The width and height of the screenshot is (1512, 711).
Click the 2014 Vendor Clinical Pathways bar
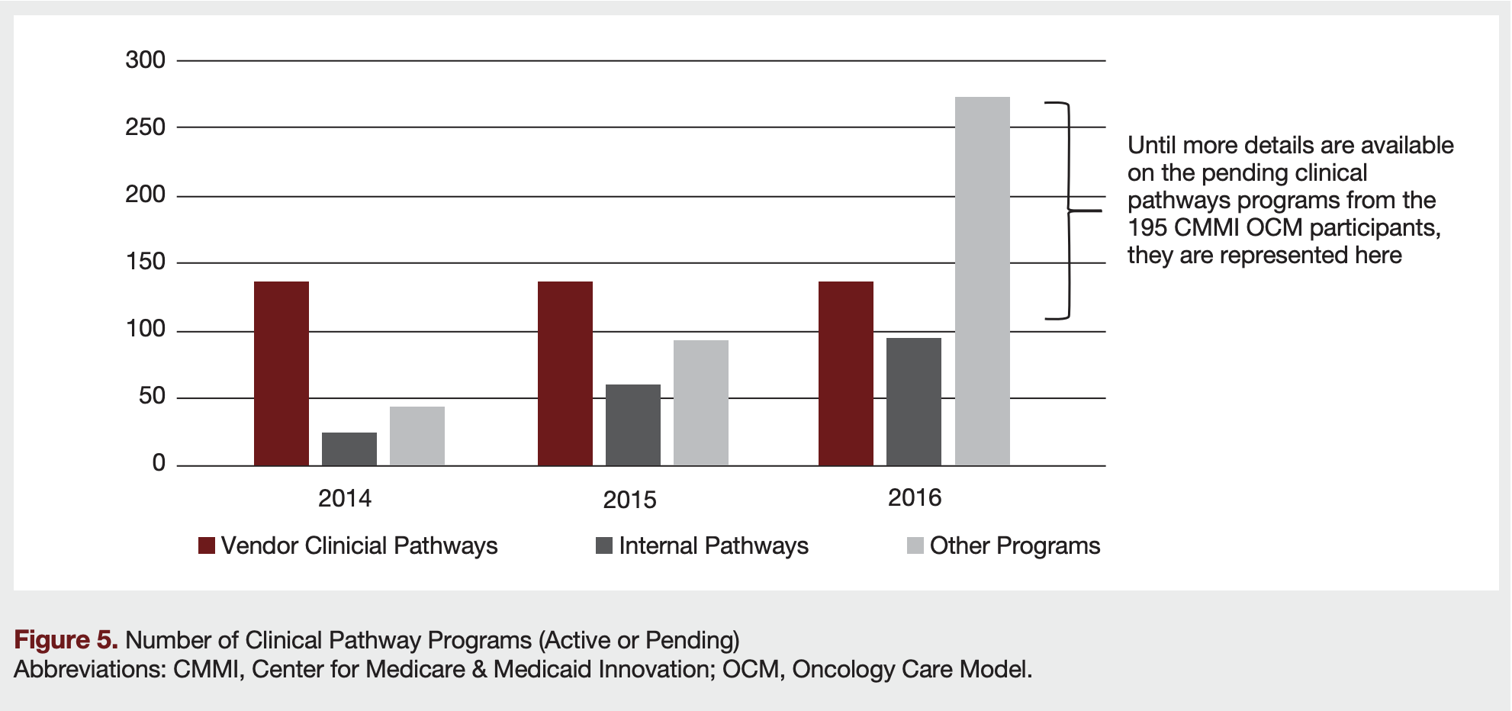(281, 373)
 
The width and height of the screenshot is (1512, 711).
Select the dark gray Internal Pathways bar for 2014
(349, 449)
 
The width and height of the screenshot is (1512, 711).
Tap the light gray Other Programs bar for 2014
(417, 436)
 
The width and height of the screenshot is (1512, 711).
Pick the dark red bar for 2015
(565, 373)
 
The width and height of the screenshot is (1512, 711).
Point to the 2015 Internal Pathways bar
(632, 425)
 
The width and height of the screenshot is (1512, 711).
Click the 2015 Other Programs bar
(700, 402)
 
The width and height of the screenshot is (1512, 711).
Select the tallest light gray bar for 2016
(982, 281)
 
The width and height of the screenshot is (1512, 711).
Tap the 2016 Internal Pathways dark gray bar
(913, 401)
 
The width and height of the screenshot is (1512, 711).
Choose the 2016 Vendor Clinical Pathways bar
(845, 373)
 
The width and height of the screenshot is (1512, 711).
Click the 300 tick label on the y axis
(145, 60)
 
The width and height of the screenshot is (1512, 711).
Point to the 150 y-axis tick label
(145, 262)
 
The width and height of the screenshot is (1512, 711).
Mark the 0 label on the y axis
(159, 463)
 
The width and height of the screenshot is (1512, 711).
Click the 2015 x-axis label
(629, 500)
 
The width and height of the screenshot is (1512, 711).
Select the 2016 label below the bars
(914, 497)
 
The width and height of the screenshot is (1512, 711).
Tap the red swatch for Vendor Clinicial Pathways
(206, 545)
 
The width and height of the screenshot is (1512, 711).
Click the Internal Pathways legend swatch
(603, 545)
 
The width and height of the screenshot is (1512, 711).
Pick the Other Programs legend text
(1015, 545)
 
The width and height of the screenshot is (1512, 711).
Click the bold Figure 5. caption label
(66, 639)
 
